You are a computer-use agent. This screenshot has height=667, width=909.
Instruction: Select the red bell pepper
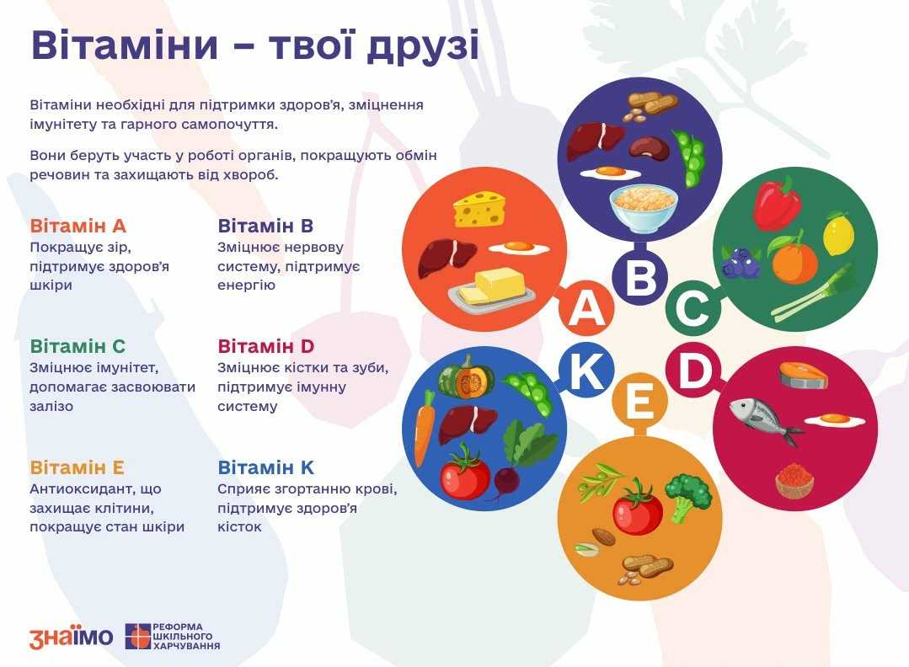click(x=777, y=203)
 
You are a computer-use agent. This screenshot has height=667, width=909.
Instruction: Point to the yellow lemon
click(x=838, y=233)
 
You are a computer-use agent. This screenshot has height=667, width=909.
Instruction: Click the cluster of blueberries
click(x=741, y=263)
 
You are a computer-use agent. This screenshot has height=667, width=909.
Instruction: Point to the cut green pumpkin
click(x=466, y=378)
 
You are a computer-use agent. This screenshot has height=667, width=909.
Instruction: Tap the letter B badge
click(x=640, y=276)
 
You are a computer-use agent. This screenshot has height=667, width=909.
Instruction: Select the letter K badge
click(x=586, y=370)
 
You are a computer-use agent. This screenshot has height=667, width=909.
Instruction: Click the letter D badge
click(x=693, y=370)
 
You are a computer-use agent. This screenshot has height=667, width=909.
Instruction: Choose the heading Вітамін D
click(x=266, y=346)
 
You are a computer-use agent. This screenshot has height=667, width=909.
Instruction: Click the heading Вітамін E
click(x=78, y=467)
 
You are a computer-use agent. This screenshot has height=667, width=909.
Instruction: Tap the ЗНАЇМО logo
click(x=71, y=637)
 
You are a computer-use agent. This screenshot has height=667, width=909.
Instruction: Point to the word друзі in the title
click(x=423, y=45)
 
